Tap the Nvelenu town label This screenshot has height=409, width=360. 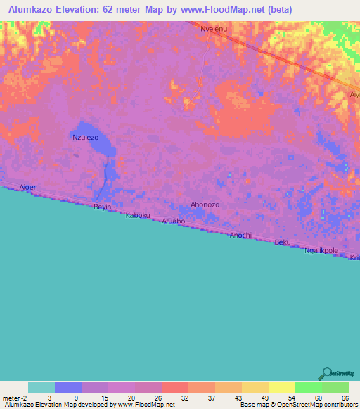(214, 29)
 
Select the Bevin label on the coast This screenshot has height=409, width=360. (103, 207)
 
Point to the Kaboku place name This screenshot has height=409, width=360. (138, 216)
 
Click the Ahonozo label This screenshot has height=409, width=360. (205, 204)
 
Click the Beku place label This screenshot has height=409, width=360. (282, 242)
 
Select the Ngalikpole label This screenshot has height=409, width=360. (321, 250)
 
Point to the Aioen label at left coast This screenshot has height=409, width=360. (28, 188)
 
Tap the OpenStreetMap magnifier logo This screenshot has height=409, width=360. (326, 374)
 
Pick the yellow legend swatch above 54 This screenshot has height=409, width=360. (282, 387)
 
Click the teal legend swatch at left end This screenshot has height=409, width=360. (41, 387)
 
